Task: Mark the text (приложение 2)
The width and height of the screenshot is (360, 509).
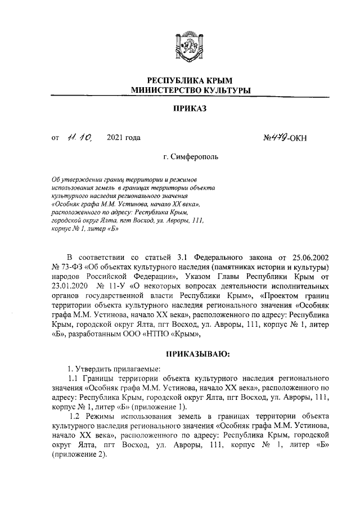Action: pos(78,456)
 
